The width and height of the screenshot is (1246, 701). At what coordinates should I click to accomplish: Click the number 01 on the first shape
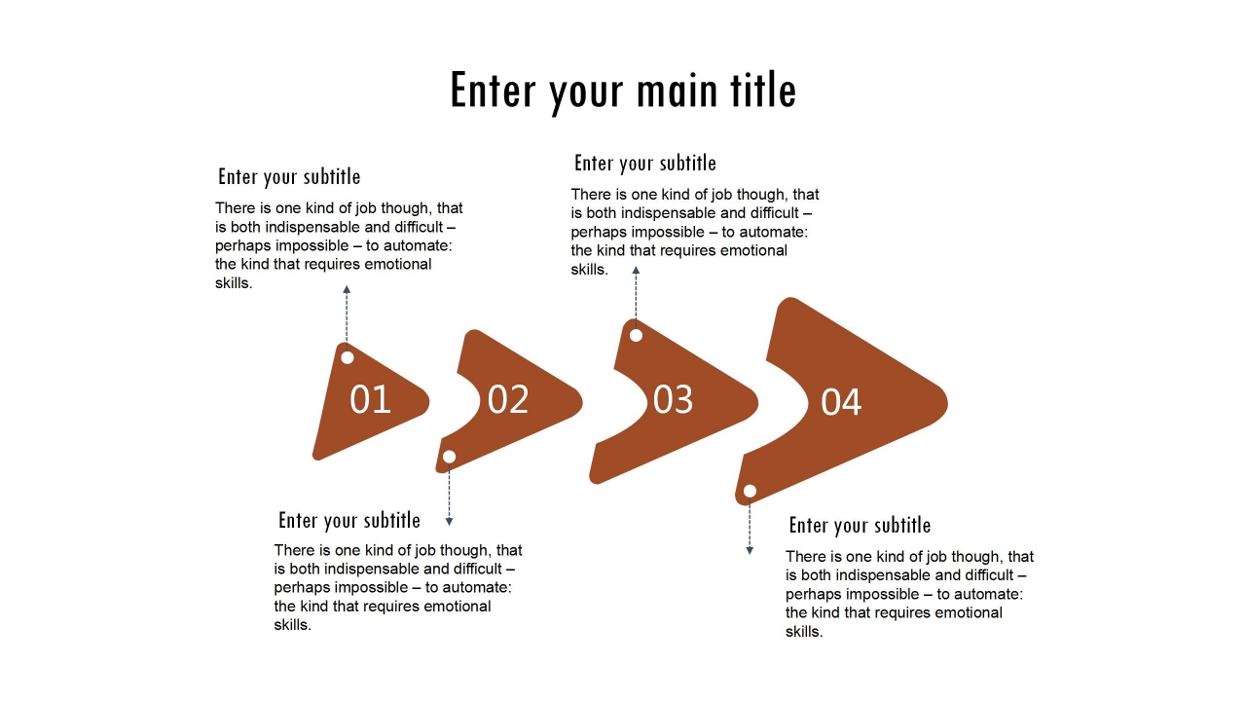point(370,399)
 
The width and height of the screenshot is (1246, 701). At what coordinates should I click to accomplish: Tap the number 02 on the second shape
point(508,399)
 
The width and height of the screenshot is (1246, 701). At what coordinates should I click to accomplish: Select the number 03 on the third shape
point(673,399)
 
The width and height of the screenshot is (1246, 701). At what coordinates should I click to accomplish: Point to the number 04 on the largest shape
point(841,402)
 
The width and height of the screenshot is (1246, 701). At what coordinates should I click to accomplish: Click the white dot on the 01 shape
point(348,357)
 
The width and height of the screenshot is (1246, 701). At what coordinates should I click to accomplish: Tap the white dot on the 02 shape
point(449,457)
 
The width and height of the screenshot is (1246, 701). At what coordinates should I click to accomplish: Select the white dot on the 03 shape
point(636,336)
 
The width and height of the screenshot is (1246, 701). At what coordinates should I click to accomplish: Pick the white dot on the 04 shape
point(750,492)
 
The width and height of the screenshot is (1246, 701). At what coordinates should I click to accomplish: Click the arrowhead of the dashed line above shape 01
point(347,289)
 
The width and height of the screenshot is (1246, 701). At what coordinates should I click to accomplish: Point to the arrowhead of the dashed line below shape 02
point(449,522)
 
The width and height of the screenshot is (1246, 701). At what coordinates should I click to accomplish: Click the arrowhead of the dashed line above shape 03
point(636,270)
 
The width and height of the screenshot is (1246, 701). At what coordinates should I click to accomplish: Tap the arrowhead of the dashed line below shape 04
point(750,551)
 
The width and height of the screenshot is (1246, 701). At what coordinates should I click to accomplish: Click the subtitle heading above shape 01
point(289,177)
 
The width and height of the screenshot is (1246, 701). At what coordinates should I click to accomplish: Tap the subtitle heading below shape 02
point(349,521)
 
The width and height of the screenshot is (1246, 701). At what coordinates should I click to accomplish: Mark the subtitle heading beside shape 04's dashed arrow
point(860,526)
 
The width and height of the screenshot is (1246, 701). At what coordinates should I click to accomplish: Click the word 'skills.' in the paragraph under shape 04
point(804,632)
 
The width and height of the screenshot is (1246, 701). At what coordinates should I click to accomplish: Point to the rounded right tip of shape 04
point(947,402)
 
